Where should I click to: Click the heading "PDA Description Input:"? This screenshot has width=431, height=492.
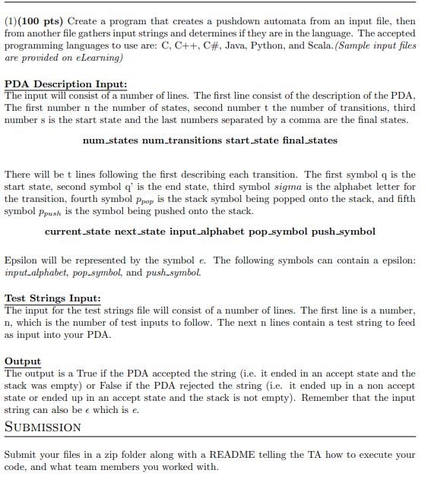[65, 84]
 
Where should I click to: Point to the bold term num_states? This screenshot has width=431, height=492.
[111, 140]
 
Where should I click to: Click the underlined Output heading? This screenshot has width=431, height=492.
[23, 361]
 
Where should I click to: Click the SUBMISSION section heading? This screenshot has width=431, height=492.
[43, 427]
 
